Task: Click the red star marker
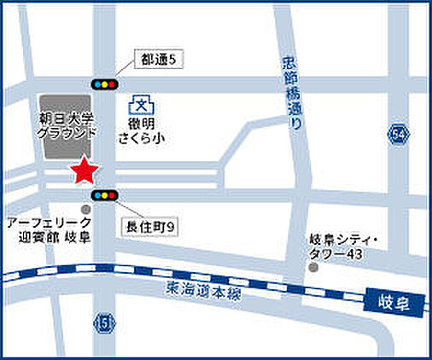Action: [x=84, y=171]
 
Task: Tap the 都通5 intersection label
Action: [x=159, y=60]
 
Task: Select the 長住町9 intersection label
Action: [x=150, y=226]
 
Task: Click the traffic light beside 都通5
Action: [x=104, y=84]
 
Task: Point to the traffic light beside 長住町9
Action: [x=104, y=195]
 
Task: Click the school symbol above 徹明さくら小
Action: [x=140, y=105]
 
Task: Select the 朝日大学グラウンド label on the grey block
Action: [x=64, y=125]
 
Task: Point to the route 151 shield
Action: [x=104, y=322]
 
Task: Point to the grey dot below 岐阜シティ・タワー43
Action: [x=313, y=268]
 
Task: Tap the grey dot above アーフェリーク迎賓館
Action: [x=85, y=207]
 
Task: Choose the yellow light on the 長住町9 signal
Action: [x=104, y=195]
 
